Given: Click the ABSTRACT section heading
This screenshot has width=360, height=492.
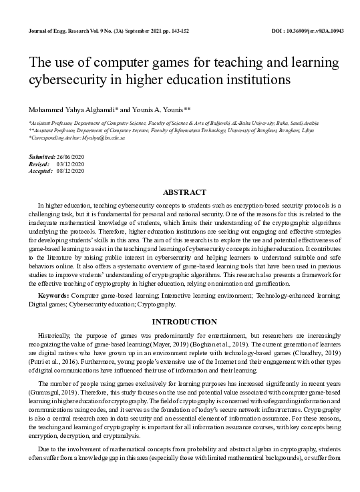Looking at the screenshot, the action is click(180, 192).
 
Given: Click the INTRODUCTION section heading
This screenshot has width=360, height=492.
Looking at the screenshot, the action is click(180, 321).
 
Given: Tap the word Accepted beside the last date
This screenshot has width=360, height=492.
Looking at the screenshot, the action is click(41, 170).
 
